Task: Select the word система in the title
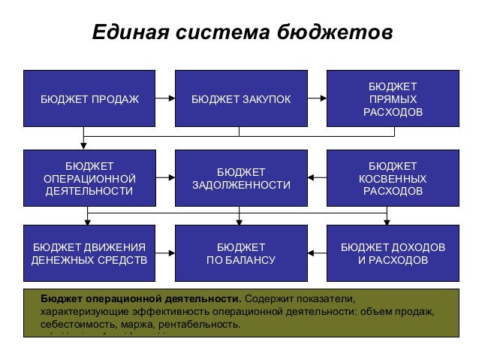click(223, 34)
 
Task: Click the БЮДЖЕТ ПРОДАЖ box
click(89, 98)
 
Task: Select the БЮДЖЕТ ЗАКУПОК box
click(240, 98)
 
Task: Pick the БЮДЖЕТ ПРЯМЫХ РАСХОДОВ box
click(392, 98)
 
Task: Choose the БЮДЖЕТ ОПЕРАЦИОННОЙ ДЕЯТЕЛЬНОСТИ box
click(89, 178)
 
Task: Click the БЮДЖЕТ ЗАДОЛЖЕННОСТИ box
click(240, 178)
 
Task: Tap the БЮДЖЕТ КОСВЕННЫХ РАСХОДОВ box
click(392, 178)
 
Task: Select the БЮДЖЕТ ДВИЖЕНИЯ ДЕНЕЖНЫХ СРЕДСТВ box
click(89, 254)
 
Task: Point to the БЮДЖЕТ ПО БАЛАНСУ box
click(240, 254)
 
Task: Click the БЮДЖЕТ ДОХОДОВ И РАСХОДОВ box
click(392, 254)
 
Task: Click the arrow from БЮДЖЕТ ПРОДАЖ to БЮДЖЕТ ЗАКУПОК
click(165, 98)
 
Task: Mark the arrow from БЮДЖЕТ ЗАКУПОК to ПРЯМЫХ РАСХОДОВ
click(317, 98)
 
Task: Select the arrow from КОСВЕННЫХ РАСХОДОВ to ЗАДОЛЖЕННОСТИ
click(317, 178)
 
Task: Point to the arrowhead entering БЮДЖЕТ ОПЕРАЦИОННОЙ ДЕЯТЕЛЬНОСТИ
click(83, 146)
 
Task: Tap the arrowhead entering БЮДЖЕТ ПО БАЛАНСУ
click(239, 221)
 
